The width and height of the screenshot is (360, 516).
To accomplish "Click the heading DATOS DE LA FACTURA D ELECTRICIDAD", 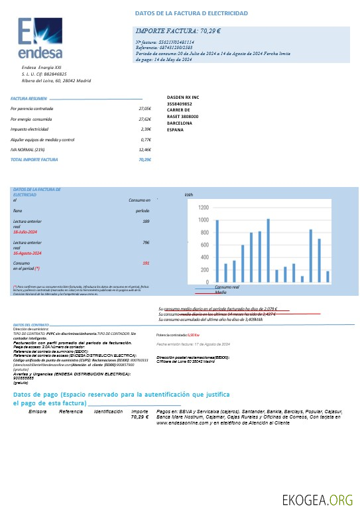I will tap(192, 13).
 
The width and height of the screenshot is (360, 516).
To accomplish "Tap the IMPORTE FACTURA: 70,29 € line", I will tap(178, 31).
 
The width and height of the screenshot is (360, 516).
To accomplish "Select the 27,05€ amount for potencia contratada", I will tap(145, 108).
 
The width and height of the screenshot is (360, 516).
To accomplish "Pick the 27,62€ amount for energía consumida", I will tap(145, 119).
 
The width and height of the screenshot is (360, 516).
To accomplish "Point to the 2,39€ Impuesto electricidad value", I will tap(146, 129).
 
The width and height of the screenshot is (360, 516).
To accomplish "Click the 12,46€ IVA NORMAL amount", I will tap(145, 150).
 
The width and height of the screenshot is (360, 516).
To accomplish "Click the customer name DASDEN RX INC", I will tap(183, 97).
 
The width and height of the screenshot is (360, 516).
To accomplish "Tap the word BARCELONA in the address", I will tap(180, 123).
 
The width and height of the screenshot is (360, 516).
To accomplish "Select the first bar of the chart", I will tap(217, 251).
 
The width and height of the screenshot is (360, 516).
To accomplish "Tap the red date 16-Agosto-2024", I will tap(28, 253).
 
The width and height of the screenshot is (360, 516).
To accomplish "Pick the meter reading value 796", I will tap(145, 243).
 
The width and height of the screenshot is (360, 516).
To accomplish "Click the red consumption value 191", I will tap(145, 263).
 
